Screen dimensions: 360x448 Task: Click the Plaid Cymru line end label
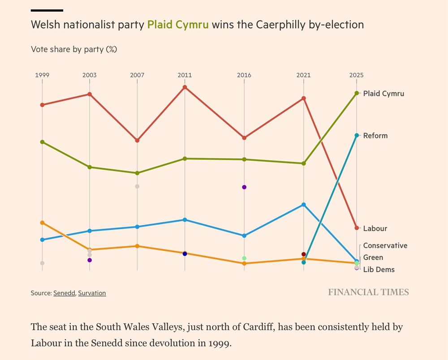[x=383, y=94]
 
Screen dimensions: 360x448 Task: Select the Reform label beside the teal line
[x=375, y=136]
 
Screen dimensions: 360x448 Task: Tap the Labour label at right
[x=375, y=228]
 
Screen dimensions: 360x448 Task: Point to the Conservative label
[x=385, y=245]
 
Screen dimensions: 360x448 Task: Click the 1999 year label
[x=42, y=75]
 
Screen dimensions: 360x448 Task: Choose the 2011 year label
[x=185, y=75]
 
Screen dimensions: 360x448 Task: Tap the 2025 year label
[x=357, y=75]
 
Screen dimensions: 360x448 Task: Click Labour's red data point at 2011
[x=185, y=87]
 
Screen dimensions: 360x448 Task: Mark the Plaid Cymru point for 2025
[x=357, y=93]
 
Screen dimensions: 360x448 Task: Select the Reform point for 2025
[x=357, y=135]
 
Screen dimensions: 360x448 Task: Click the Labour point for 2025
[x=357, y=228]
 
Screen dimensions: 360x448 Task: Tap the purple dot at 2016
[x=244, y=187]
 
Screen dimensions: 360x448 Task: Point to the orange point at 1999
[x=42, y=223]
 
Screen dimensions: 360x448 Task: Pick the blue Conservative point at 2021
[x=304, y=205]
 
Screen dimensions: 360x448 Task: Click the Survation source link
[x=92, y=293]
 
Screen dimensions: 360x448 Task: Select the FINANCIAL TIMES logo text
[x=368, y=292]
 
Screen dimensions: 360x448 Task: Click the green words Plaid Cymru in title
[x=178, y=24]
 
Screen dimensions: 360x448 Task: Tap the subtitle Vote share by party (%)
[x=74, y=49]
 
